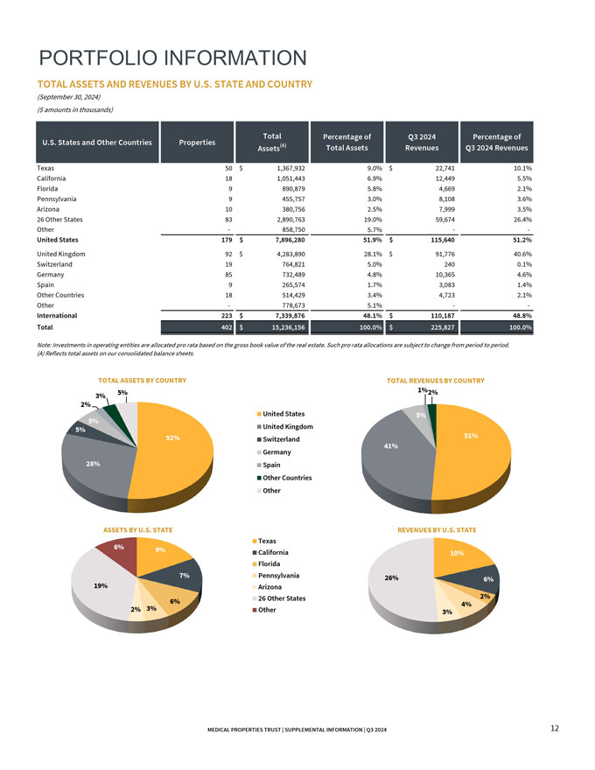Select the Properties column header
coord(197,143)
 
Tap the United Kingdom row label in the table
coord(61,253)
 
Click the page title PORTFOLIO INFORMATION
coord(173,59)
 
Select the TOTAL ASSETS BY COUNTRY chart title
coord(142,381)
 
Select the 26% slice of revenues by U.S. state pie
coord(398,582)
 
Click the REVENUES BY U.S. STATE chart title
coord(437,530)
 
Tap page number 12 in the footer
coord(556,729)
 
